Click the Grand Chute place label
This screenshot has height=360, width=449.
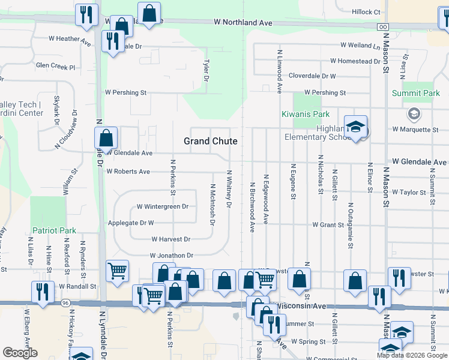point(210,141)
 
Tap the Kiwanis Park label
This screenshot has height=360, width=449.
point(306,114)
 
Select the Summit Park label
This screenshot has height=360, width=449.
point(416,93)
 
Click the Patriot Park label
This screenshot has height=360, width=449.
point(55,230)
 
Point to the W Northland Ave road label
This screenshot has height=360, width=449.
point(243,22)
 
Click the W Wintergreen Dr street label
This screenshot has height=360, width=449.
point(162,206)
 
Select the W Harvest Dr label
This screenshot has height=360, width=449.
point(170,239)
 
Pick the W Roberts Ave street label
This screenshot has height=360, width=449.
point(128,171)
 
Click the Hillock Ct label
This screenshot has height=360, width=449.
point(366,12)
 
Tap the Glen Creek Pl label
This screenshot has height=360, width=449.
point(55,67)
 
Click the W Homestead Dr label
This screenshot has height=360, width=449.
point(355,61)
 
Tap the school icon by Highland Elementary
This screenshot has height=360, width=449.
point(356,128)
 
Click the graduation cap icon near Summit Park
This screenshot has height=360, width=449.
point(414,113)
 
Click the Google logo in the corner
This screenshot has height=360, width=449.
point(20,353)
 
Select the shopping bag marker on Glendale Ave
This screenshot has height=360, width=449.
point(106,139)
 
